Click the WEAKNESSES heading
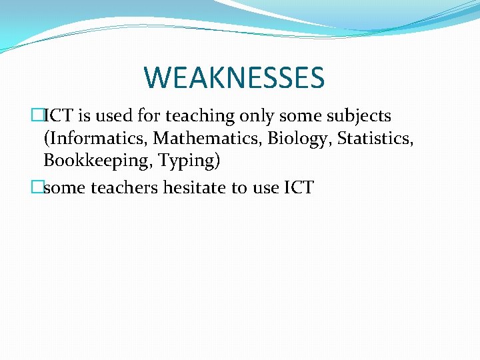[x=234, y=77]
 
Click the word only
[x=257, y=117]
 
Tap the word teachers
[x=122, y=188]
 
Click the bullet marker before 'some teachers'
[x=37, y=188]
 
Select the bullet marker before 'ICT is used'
[x=37, y=116]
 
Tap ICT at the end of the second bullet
[x=299, y=188]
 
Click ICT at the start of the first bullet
[x=58, y=116]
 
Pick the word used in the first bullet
[x=113, y=116]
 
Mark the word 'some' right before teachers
[x=65, y=188]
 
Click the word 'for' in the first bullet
[x=149, y=116]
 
